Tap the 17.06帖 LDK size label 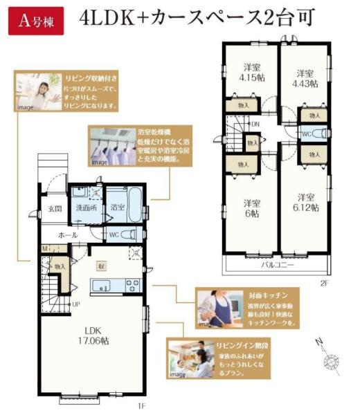[93, 340]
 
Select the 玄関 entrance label [55, 207]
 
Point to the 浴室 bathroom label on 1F [117, 207]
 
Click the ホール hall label [67, 234]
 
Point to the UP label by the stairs [75, 303]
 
